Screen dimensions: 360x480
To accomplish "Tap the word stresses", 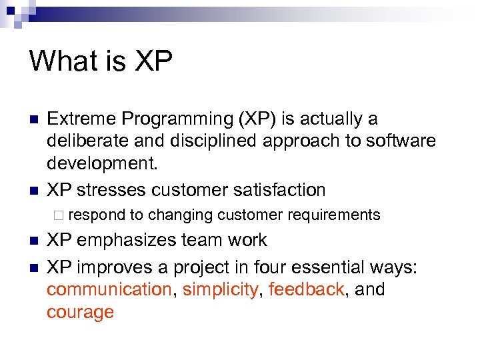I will point(111,190).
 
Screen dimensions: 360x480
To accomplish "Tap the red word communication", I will point(109,290).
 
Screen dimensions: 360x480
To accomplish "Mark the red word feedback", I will point(306,290).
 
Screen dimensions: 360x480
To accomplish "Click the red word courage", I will point(80,313).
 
